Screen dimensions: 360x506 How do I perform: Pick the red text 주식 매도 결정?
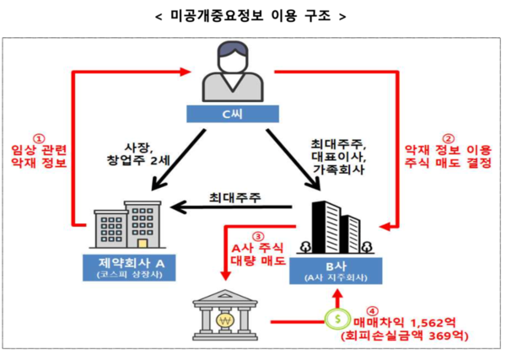[x=449, y=164]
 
